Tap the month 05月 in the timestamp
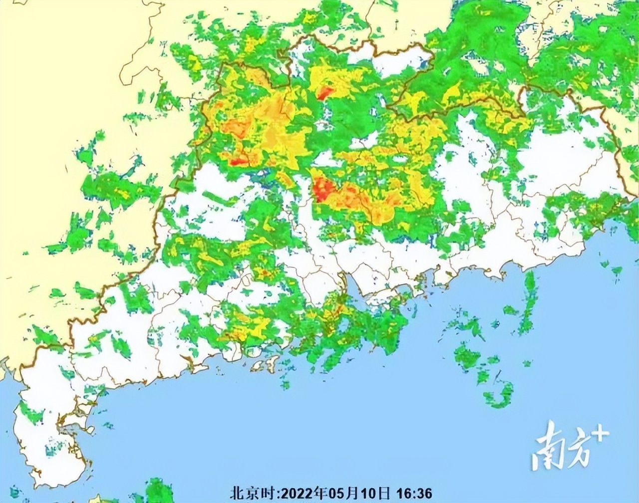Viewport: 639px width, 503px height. tap(339, 493)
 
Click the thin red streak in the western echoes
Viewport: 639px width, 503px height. tap(239, 161)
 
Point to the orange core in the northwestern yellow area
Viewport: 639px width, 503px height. tap(235, 128)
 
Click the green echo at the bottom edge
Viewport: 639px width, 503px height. tap(159, 491)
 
